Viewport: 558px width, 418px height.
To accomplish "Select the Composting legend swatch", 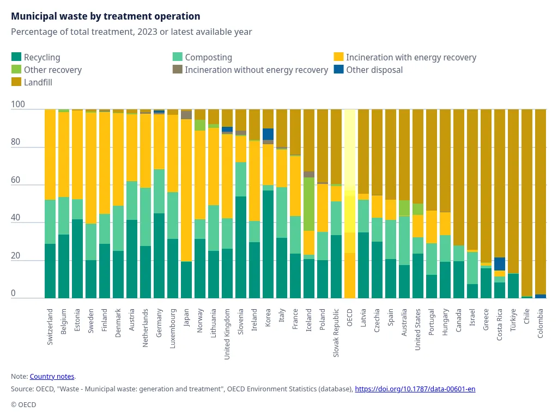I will [x=178, y=57].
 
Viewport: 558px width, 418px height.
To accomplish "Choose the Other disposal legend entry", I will [x=374, y=70].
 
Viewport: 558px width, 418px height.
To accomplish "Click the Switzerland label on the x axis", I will [x=50, y=327].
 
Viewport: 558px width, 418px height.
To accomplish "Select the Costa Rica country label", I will [x=500, y=324].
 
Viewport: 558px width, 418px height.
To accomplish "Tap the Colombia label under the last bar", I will [x=541, y=324].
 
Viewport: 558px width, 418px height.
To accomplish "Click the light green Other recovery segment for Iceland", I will [x=309, y=204].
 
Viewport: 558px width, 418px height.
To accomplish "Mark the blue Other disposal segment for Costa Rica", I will [x=500, y=264].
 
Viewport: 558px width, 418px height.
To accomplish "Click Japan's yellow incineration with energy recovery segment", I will [x=186, y=190].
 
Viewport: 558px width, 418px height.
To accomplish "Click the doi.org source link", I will [x=415, y=389].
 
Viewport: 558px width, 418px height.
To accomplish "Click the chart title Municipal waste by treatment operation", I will [x=105, y=16].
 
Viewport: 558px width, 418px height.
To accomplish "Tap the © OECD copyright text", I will [x=23, y=404].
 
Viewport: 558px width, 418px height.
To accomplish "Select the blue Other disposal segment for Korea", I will [x=268, y=134].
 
